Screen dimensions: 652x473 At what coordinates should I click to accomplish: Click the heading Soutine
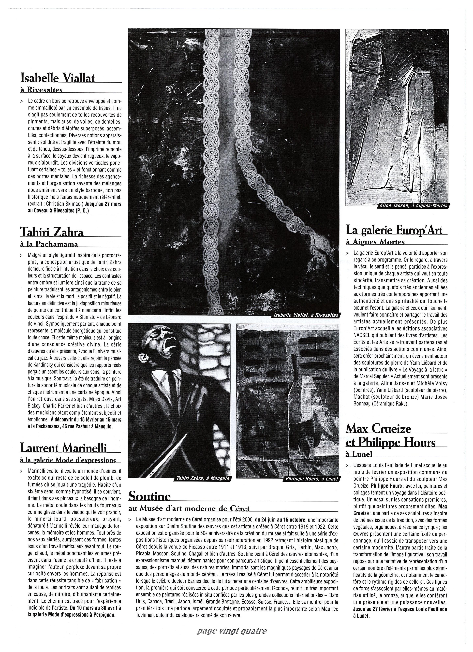[149, 496]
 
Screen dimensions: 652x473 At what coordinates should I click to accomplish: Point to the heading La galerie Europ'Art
[394, 230]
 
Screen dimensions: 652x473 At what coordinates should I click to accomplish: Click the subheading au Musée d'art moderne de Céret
[189, 508]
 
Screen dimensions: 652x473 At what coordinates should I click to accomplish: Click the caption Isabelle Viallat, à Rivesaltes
[306, 315]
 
